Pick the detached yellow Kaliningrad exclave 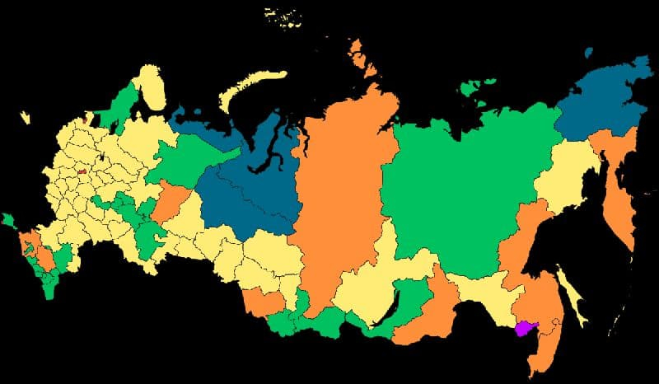click(25, 118)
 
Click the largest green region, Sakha click(461, 190)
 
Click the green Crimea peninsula click(9, 221)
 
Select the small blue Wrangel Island click(587, 53)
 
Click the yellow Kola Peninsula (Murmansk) click(150, 86)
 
